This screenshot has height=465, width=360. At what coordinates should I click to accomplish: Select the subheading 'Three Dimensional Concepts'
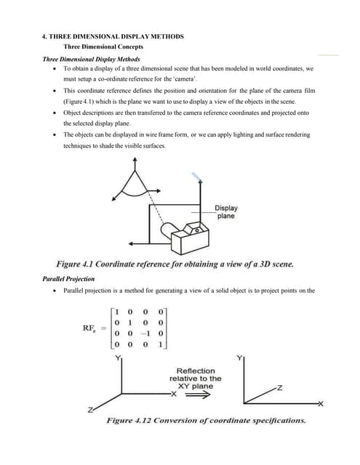click(x=103, y=46)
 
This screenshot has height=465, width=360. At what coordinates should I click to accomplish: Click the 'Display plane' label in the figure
click(x=226, y=211)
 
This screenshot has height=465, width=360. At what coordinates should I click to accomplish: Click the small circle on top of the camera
click(x=197, y=230)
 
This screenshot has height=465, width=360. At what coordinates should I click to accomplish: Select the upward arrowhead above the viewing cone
click(x=135, y=160)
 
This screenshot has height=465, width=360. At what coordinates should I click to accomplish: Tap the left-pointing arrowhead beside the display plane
click(x=131, y=244)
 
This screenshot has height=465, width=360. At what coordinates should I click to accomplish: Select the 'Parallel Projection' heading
click(x=68, y=279)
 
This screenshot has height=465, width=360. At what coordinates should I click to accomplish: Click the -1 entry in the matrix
click(x=145, y=333)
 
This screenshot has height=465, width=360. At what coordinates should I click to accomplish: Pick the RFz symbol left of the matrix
click(x=89, y=328)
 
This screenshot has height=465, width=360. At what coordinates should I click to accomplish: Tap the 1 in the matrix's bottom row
click(x=161, y=344)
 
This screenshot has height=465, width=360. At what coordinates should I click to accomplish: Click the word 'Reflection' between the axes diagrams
click(x=196, y=371)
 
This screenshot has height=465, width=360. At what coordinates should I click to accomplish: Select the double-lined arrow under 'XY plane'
click(x=198, y=395)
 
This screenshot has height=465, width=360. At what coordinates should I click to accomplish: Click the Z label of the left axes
click(x=90, y=410)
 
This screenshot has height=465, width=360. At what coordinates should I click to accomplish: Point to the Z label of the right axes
click(x=279, y=387)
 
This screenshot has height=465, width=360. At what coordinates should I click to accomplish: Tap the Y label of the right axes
click(x=239, y=357)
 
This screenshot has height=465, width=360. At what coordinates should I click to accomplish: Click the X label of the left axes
click(x=174, y=394)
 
